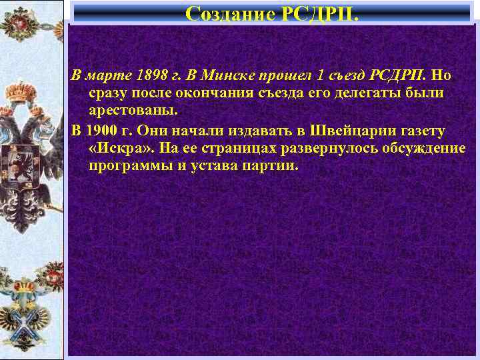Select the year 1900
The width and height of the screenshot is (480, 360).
click(102, 129)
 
